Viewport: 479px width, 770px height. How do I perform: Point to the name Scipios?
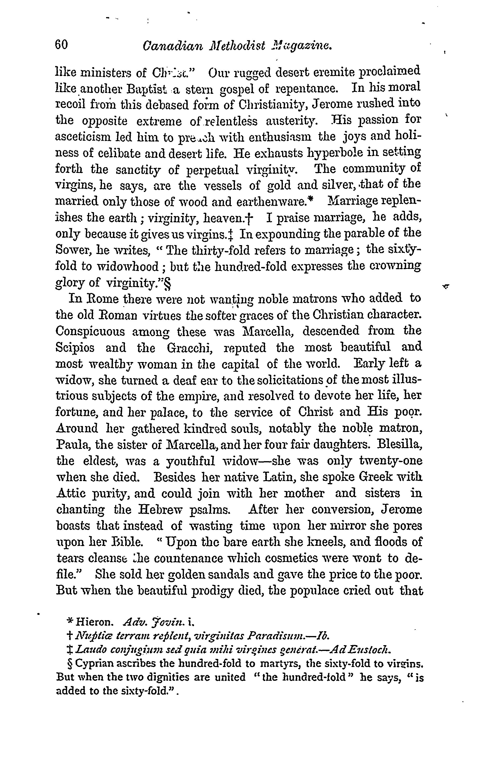coord(75,348)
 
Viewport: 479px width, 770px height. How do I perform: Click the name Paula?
coord(71,445)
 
